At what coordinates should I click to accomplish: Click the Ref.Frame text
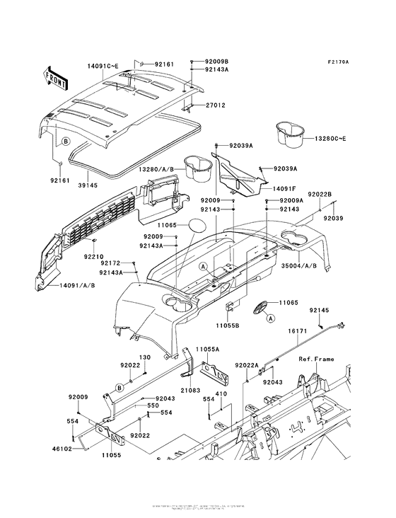click(316, 359)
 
